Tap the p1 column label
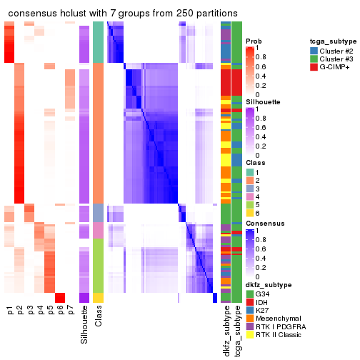9,311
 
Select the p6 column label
60,311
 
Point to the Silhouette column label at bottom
85,325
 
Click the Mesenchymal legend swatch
249,318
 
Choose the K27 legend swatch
249,309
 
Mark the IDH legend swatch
249,301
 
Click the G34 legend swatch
249,292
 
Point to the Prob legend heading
254,41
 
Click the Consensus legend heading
264,224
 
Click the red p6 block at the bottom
60,298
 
